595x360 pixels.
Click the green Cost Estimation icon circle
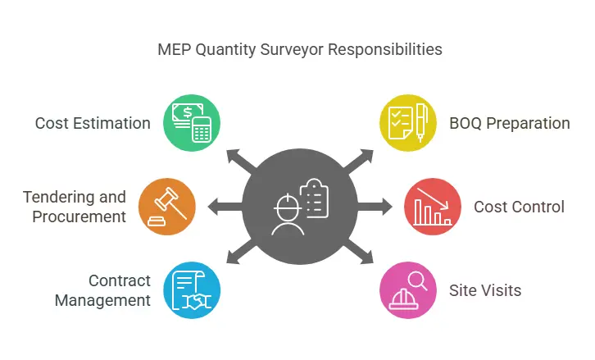pyautogui.click(x=193, y=124)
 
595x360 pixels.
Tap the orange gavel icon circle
pyautogui.click(x=167, y=207)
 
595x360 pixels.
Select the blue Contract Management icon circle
pyautogui.click(x=193, y=289)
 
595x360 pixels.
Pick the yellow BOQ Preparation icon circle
pyautogui.click(x=408, y=124)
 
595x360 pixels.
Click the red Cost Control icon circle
pyautogui.click(x=433, y=207)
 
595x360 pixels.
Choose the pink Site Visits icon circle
pyautogui.click(x=408, y=289)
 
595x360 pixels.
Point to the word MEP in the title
pyautogui.click(x=172, y=49)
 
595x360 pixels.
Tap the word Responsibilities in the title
pyautogui.click(x=385, y=49)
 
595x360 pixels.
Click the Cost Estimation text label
pyautogui.click(x=93, y=124)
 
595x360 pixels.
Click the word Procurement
pyautogui.click(x=79, y=216)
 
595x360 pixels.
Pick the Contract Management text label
pyautogui.click(x=103, y=290)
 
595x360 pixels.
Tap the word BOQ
pyautogui.click(x=466, y=124)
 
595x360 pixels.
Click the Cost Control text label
pyautogui.click(x=519, y=207)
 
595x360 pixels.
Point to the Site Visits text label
pyautogui.click(x=484, y=290)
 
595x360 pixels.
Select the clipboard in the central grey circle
pyautogui.click(x=315, y=197)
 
